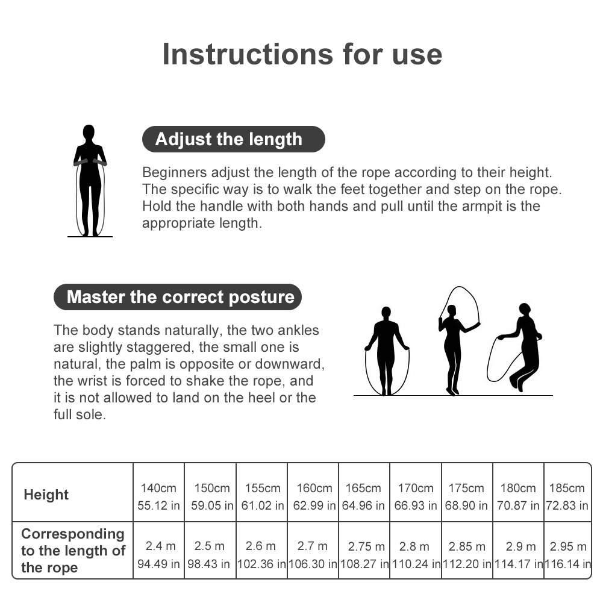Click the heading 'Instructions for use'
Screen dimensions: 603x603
[x=302, y=54]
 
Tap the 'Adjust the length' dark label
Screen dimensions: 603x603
[x=234, y=139]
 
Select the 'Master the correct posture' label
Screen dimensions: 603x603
[x=178, y=297]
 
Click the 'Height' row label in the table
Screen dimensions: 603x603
[x=46, y=494]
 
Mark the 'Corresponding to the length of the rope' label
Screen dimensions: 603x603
[x=73, y=551]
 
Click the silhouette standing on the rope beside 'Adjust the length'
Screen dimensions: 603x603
[x=90, y=181]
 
